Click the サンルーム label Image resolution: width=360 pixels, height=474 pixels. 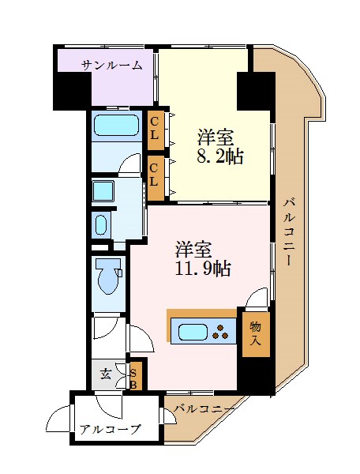pos(112,65)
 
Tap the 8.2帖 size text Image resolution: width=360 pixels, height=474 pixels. pos(219,156)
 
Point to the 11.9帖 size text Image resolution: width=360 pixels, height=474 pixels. pos(203,269)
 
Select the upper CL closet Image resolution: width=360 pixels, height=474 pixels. pos(156,130)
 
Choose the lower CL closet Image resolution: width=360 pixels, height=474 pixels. pos(156,178)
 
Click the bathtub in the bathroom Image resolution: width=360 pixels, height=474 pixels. pos(117,125)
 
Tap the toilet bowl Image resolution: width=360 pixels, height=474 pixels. pos(108,275)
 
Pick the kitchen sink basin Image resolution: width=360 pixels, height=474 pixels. pos(193,332)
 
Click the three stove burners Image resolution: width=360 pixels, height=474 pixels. pos(220,332)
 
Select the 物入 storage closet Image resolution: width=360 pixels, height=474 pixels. pos(256,334)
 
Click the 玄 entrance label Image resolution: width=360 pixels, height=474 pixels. pos(106,374)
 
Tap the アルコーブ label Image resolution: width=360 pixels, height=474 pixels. pos(111,429)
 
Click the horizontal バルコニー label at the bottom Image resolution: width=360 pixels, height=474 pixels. pos(204,409)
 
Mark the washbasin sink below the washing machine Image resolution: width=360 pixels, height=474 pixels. pos(101,225)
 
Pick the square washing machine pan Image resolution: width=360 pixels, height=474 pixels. pos(103,191)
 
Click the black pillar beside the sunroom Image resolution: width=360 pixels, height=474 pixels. pos(72,91)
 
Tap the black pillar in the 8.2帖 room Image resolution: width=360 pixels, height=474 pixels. pos(256,91)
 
